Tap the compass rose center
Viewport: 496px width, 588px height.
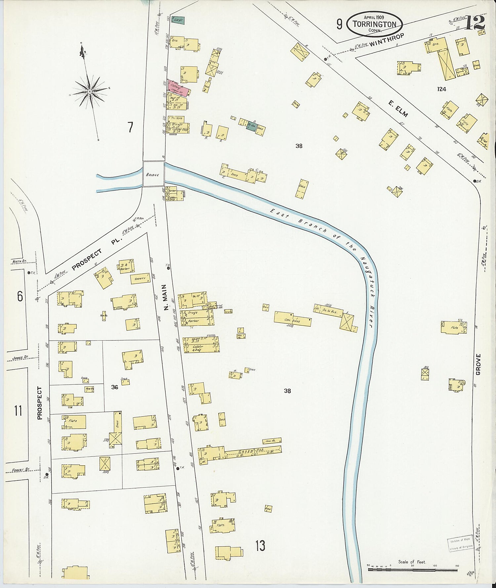(90, 91)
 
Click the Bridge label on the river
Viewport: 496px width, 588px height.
(154, 175)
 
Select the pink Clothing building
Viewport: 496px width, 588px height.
(179, 88)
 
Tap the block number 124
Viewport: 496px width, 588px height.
(441, 89)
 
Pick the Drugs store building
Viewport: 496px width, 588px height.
(195, 312)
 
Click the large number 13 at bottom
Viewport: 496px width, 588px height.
(260, 545)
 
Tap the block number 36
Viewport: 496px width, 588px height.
(114, 387)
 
